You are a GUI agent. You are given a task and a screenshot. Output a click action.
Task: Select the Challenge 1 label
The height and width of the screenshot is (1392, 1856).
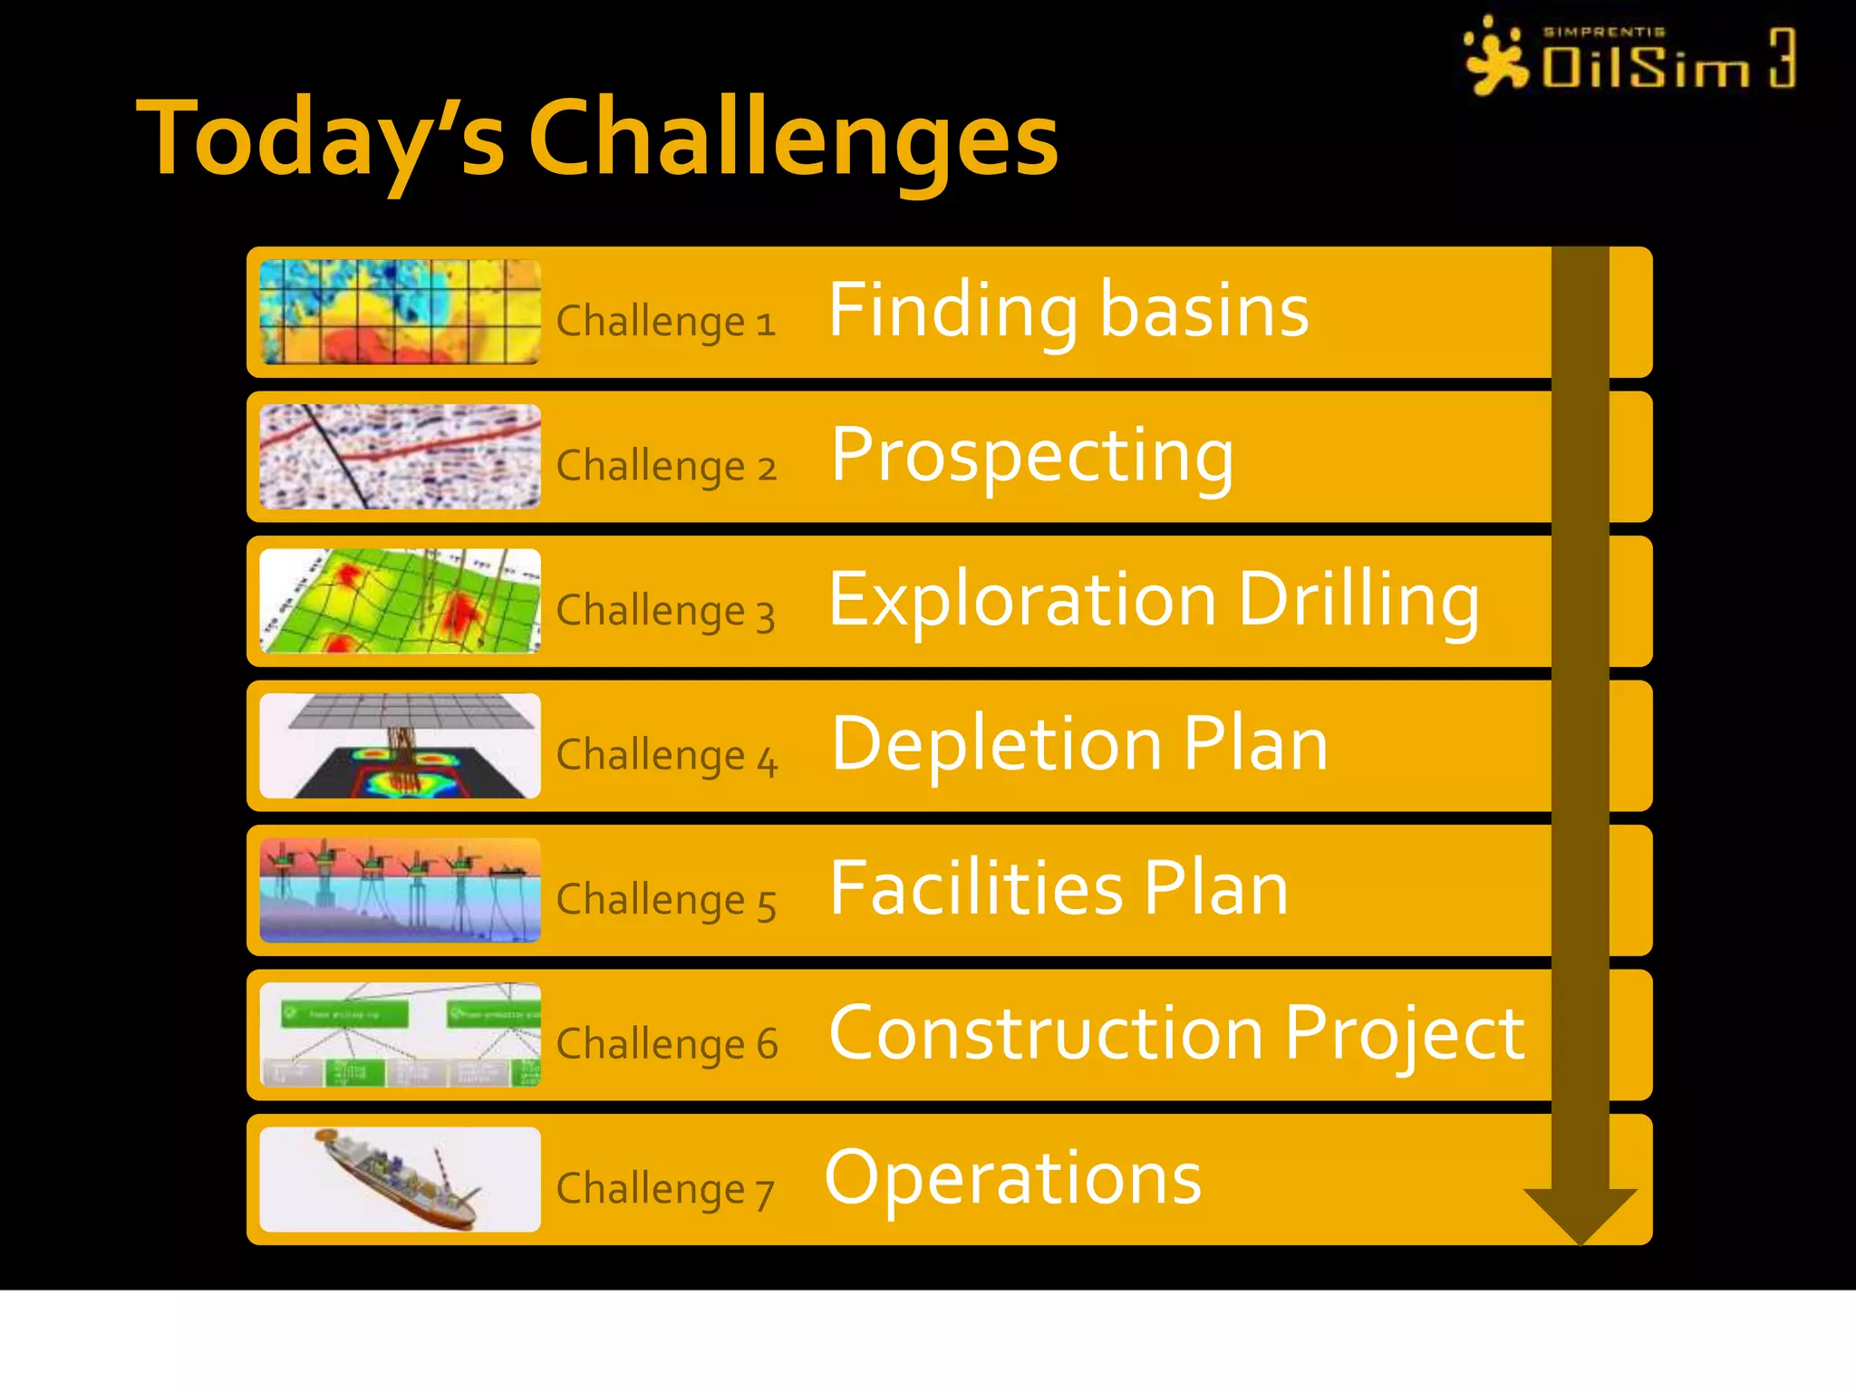coord(666,322)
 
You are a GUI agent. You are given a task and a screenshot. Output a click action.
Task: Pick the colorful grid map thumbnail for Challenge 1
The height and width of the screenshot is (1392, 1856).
coord(400,312)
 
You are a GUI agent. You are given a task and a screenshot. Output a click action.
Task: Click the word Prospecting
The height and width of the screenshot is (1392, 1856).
coord(1032,455)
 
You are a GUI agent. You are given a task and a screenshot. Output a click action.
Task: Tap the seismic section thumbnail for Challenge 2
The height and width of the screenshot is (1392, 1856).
coord(400,457)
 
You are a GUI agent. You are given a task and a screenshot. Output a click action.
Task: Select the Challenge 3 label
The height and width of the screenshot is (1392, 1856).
coord(666,611)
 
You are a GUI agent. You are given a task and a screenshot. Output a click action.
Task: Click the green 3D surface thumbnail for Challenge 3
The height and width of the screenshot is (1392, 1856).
coord(400,601)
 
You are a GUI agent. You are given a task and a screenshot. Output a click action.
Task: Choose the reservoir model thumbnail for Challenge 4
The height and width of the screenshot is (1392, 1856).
coord(400,746)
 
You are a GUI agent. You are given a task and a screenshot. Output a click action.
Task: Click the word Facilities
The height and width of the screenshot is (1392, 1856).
coord(975,889)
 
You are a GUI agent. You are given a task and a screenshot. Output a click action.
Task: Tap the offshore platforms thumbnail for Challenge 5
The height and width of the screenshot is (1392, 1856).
coord(400,890)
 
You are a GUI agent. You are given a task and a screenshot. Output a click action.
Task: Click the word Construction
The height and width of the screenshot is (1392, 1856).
coord(1047,1033)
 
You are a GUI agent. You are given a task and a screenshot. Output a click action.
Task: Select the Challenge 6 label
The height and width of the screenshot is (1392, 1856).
coord(666,1044)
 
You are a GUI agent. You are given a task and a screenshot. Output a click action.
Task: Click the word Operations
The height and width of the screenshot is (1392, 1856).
coord(1013,1178)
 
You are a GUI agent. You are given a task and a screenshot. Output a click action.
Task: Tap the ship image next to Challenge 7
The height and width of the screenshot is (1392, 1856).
coord(400,1179)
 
